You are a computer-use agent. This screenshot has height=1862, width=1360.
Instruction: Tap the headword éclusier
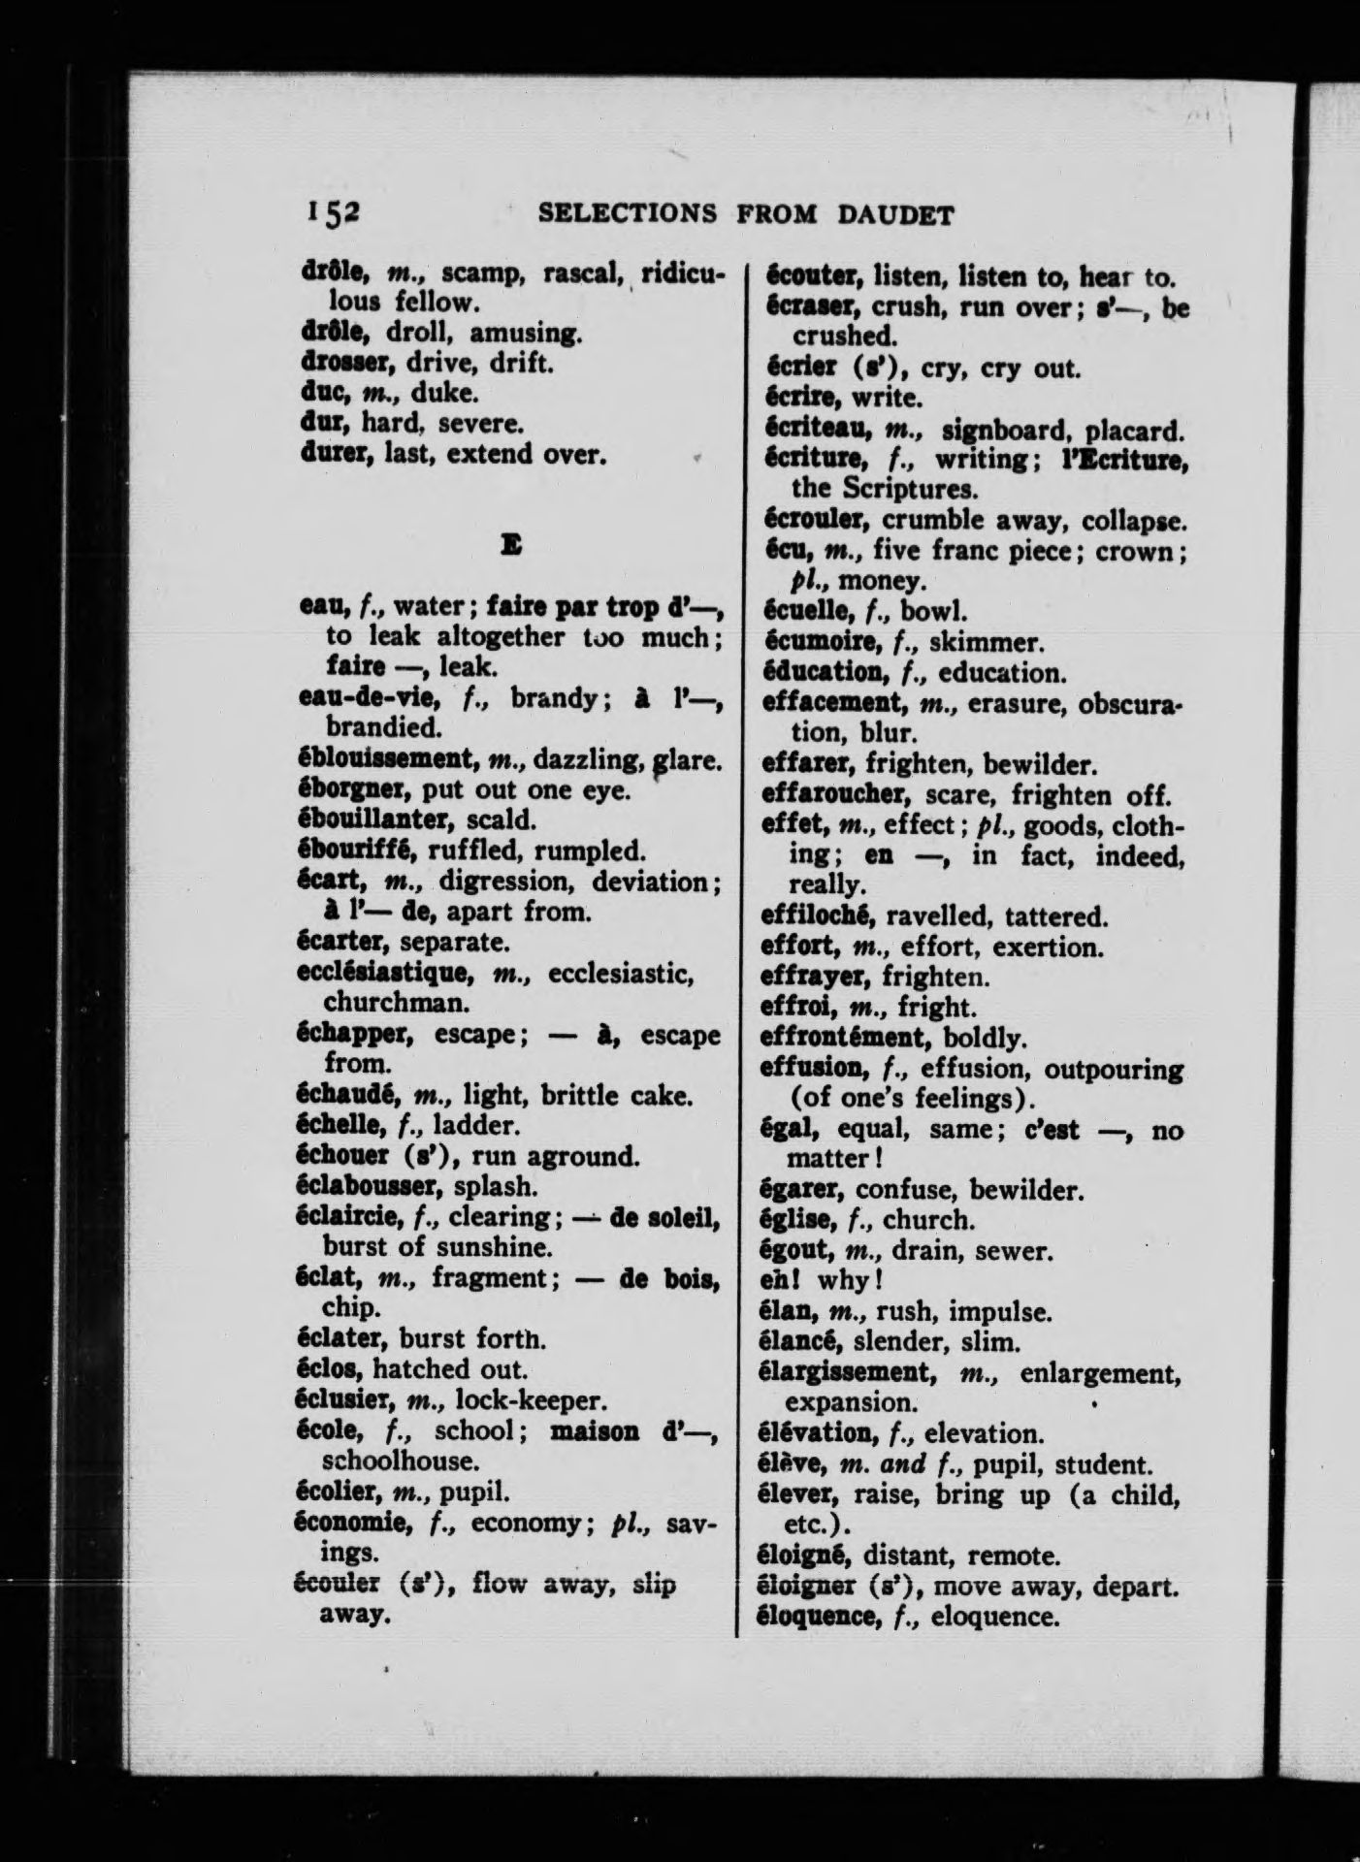coord(340,1399)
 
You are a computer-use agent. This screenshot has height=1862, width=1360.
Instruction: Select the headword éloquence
coord(815,1617)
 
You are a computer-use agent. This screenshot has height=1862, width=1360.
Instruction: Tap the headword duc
coord(321,394)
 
